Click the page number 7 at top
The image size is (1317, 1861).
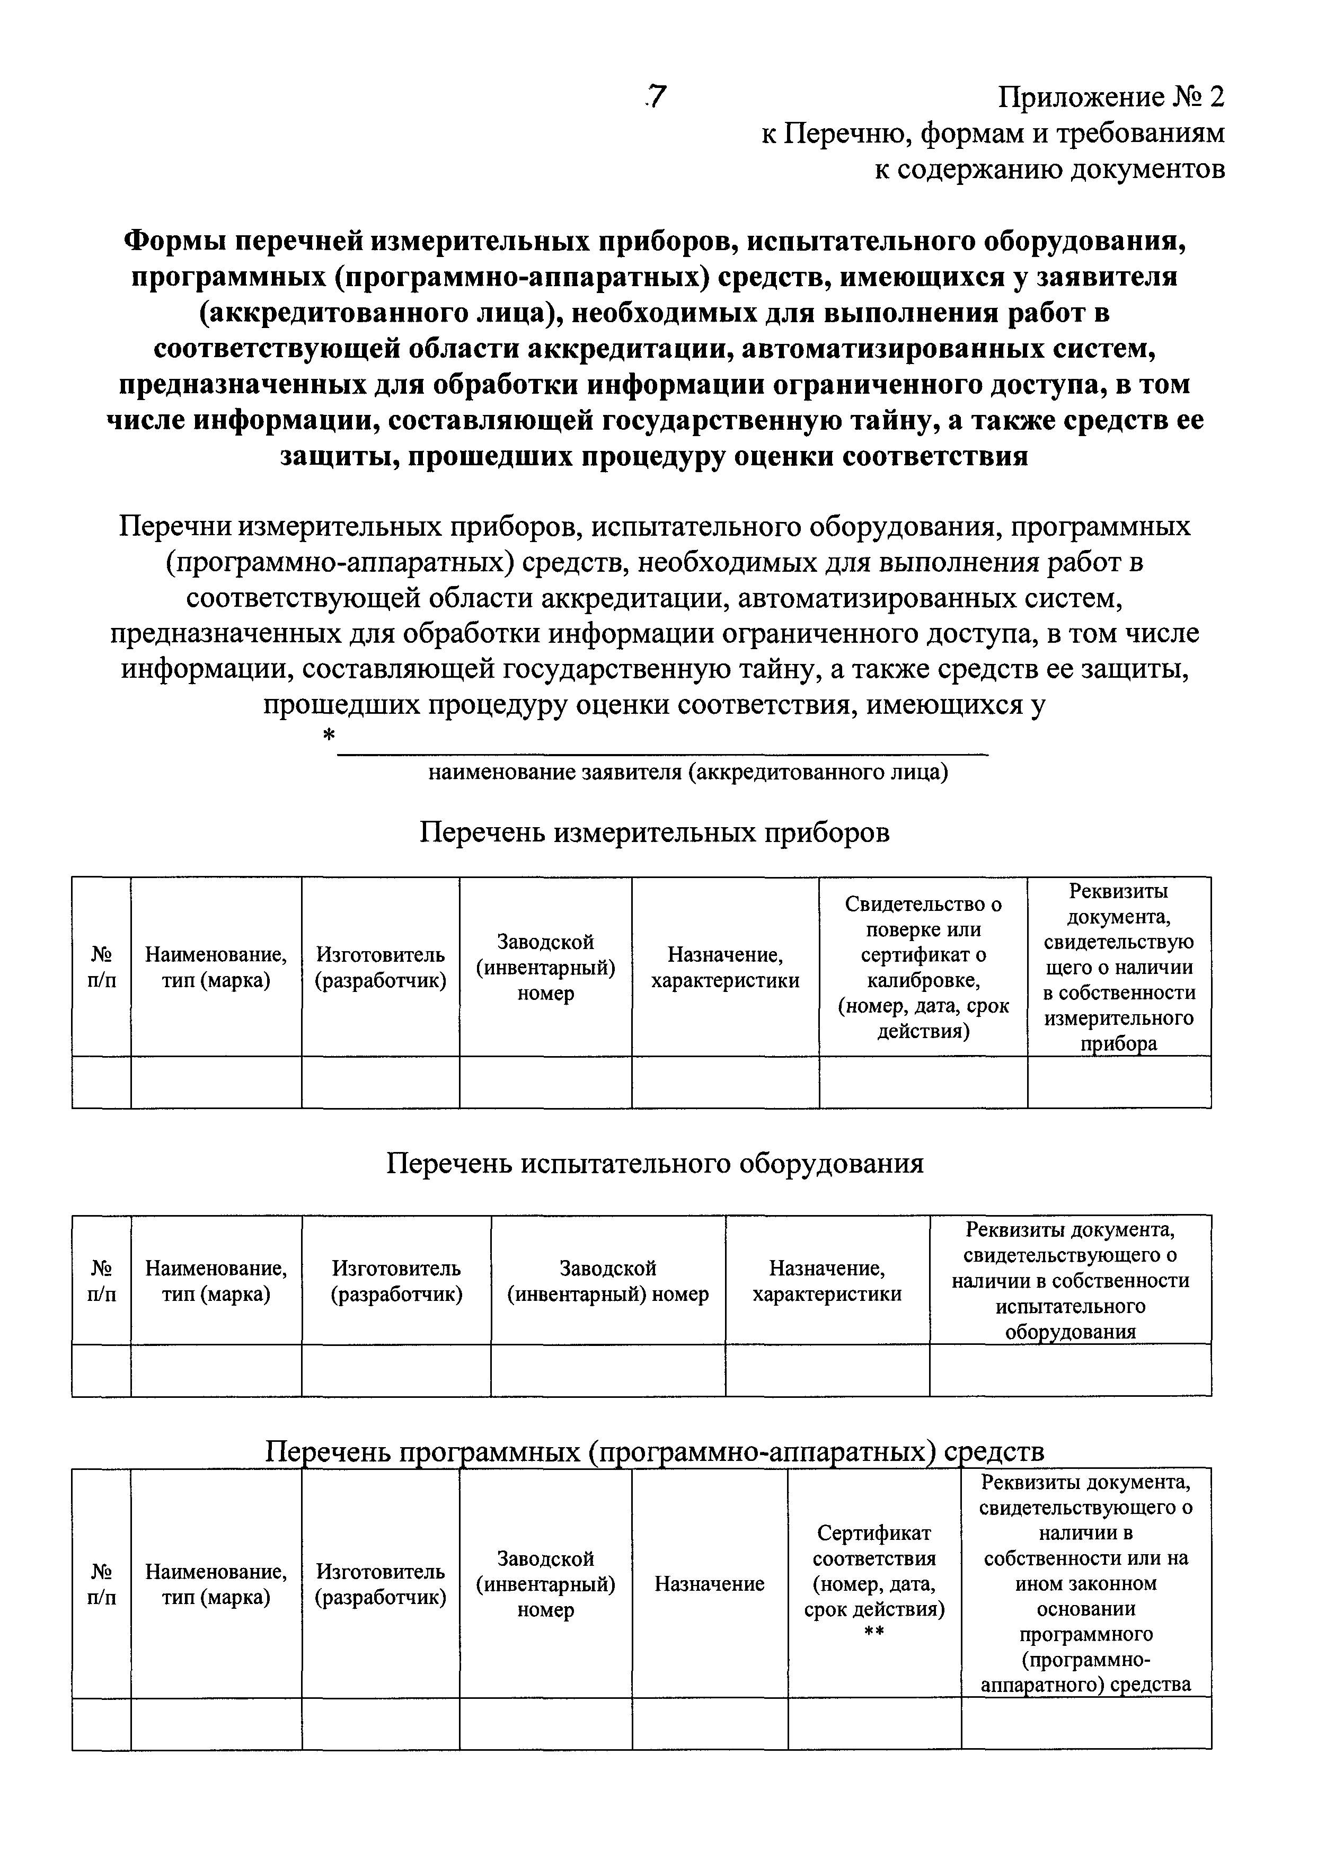(656, 98)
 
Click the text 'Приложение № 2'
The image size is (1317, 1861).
(1110, 98)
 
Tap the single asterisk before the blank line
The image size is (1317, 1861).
(329, 735)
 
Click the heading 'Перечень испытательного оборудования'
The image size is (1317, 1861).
(655, 1164)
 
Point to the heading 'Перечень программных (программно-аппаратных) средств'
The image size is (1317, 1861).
(655, 1451)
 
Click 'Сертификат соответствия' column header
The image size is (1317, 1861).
(874, 1581)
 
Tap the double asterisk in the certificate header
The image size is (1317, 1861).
(874, 1632)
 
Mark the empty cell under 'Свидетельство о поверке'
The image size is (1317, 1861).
(923, 1082)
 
